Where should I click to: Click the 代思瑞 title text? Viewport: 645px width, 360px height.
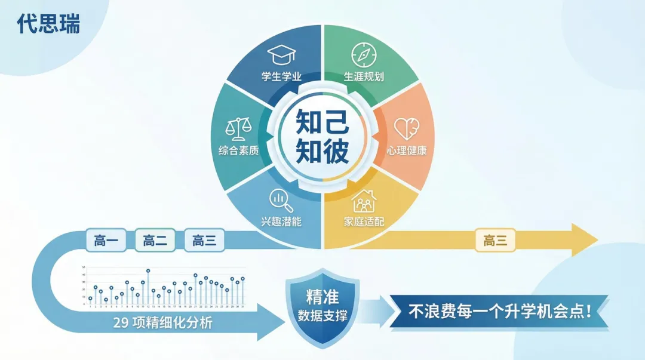pos(48,24)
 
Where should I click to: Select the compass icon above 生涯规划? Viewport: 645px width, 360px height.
pos(363,54)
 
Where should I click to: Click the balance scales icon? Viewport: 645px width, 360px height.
pos(236,129)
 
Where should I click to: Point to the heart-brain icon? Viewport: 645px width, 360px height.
pos(407,128)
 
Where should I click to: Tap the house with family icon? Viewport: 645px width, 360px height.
pos(363,201)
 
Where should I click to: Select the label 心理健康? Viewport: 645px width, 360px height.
pos(407,150)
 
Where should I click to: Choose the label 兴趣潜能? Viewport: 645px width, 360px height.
pos(281,222)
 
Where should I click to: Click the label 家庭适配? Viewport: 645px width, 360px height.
pos(363,222)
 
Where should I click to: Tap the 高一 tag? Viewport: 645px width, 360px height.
pos(106,241)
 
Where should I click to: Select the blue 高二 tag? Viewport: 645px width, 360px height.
pos(155,241)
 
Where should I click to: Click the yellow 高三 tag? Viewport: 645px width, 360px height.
pos(495,241)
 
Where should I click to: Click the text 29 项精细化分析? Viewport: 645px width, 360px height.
pos(162,323)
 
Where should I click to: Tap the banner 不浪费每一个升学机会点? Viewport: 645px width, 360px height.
pos(499,312)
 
